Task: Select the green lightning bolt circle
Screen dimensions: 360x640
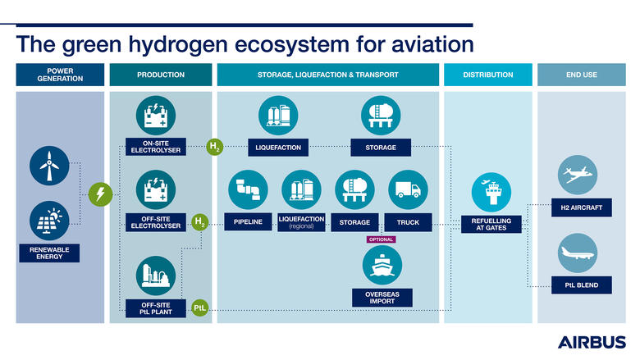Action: pos(100,194)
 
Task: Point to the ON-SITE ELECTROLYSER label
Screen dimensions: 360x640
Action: pos(155,147)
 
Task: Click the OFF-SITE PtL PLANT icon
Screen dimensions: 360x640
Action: pos(155,276)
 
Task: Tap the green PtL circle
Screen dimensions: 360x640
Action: pos(200,308)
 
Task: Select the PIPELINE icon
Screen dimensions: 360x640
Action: pos(248,190)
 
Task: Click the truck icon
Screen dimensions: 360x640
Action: pos(408,190)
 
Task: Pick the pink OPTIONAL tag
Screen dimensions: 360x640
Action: pos(381,239)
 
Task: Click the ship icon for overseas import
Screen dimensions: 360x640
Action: pos(382,266)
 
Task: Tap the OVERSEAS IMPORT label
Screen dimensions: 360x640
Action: pos(382,296)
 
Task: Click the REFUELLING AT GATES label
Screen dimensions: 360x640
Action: pos(490,224)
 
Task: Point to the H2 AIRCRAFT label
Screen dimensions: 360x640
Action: pos(582,208)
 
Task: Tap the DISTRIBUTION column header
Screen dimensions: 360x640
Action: pos(488,75)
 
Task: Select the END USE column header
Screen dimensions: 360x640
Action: pos(581,75)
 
